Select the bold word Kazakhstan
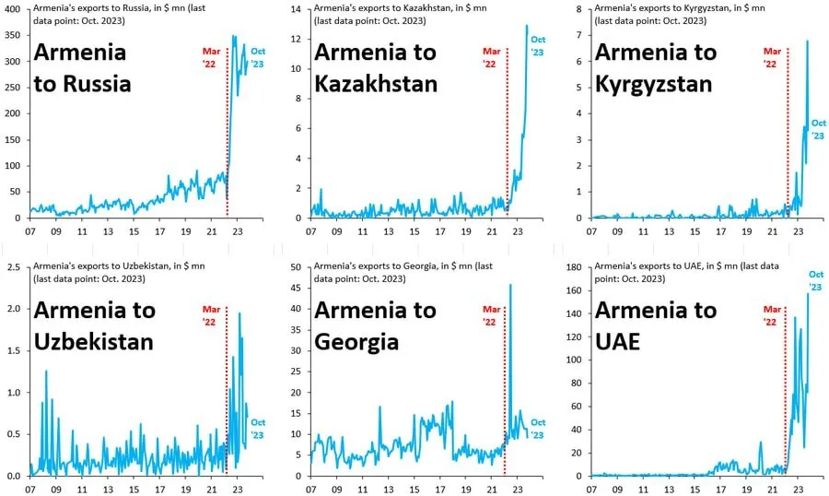click(x=376, y=85)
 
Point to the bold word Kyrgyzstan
click(x=654, y=85)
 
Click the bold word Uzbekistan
click(x=95, y=342)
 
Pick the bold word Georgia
click(x=357, y=342)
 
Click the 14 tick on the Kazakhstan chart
click(x=297, y=9)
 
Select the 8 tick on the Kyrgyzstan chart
click(x=581, y=9)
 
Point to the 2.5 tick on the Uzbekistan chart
click(x=15, y=267)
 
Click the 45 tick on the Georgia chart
click(x=297, y=288)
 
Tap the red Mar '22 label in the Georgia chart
click(x=489, y=316)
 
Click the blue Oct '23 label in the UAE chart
click(x=815, y=280)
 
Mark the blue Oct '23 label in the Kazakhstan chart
click(x=538, y=46)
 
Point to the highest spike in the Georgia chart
click(x=510, y=286)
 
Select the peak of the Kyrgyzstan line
click(x=808, y=41)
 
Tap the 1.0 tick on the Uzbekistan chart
click(x=15, y=393)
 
